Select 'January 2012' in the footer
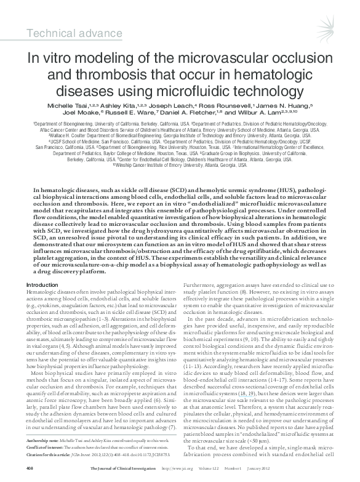[x=311, y=470]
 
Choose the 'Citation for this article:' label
[x=59, y=455]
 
